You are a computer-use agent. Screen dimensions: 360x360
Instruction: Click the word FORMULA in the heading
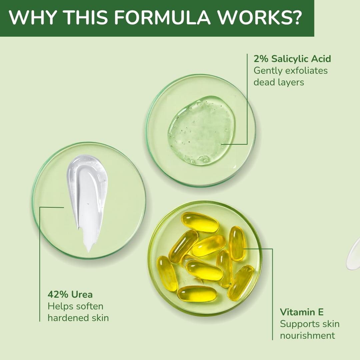pyautogui.click(x=162, y=17)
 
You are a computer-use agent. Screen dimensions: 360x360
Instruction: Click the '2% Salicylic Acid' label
pyautogui.click(x=292, y=59)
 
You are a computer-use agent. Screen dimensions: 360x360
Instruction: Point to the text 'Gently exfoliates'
pyautogui.click(x=290, y=70)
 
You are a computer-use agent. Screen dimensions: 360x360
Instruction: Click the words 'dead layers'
pyautogui.click(x=278, y=82)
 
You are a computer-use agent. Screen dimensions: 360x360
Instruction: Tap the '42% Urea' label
pyautogui.click(x=70, y=294)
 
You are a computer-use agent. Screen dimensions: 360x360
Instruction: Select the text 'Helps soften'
pyautogui.click(x=75, y=306)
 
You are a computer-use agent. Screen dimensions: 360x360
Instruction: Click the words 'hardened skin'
pyautogui.click(x=78, y=318)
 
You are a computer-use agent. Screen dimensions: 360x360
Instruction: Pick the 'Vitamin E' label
pyautogui.click(x=301, y=312)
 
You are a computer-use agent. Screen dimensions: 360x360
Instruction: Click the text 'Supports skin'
pyautogui.click(x=309, y=324)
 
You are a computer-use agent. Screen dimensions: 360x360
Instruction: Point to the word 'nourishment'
pyautogui.click(x=307, y=336)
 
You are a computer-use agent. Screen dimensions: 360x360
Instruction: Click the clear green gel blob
pyautogui.click(x=202, y=130)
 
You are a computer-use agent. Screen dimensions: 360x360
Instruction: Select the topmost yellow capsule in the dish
pyautogui.click(x=200, y=222)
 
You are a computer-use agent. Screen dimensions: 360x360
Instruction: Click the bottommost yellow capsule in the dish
pyautogui.click(x=197, y=294)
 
